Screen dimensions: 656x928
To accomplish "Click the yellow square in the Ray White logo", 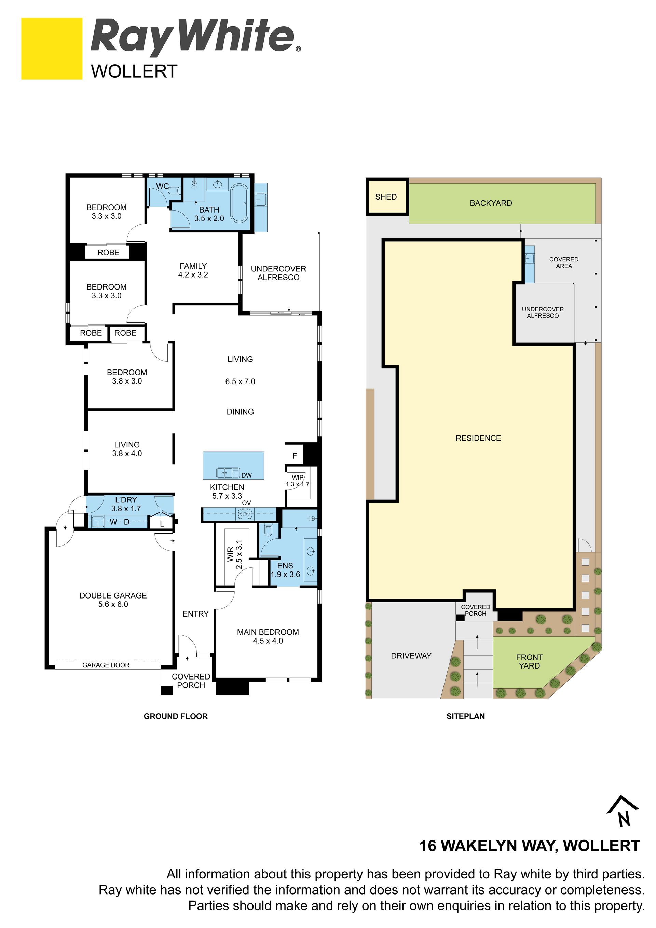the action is coord(52,49).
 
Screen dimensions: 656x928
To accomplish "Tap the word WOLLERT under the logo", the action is coord(134,71).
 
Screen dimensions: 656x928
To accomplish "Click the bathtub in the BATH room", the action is coord(240,203).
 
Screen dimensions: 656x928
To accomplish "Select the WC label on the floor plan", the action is coord(162,186).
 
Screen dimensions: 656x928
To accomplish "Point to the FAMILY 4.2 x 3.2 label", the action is coord(193,270).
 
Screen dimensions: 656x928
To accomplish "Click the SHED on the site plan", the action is coord(386,197).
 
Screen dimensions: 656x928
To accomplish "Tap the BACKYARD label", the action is coord(491,203).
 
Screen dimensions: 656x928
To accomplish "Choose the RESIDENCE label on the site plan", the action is coord(478,438).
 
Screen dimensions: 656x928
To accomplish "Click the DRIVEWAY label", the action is coord(411,656).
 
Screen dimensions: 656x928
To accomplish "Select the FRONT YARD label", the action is coord(529,661).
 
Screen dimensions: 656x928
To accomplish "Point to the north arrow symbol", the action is coord(623,811).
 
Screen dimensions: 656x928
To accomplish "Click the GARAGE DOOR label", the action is coord(106,665).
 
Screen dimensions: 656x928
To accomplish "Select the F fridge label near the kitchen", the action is coord(295,456).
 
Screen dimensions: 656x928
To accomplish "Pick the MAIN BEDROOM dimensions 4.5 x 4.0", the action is coord(268,641).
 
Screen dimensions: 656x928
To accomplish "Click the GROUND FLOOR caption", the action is coord(176,716).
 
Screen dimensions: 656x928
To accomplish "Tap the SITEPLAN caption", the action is coord(466,716).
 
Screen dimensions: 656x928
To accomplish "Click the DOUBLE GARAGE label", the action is coord(113,595).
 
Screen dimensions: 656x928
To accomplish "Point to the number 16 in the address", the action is coord(428,846).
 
